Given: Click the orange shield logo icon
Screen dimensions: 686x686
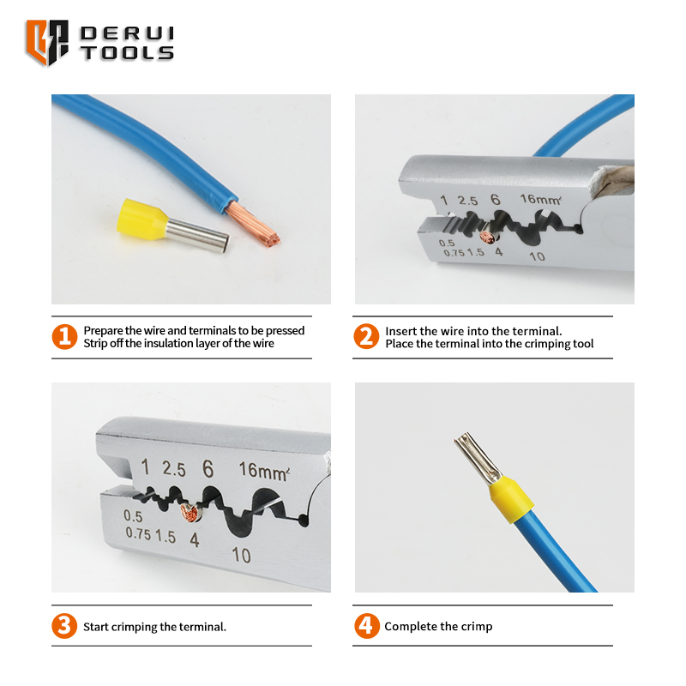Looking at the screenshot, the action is pyautogui.click(x=47, y=42).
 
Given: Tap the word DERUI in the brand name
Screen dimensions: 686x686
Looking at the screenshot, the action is pyautogui.click(x=127, y=33).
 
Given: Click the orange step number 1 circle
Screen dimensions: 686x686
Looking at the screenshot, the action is pyautogui.click(x=65, y=337).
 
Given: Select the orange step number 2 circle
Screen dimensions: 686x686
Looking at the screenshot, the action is pyautogui.click(x=366, y=336).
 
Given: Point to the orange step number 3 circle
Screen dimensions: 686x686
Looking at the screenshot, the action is pyautogui.click(x=64, y=626).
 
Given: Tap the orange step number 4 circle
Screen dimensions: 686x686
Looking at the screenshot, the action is pyautogui.click(x=367, y=626).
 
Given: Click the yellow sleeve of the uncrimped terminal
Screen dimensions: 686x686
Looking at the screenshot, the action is pyautogui.click(x=141, y=217).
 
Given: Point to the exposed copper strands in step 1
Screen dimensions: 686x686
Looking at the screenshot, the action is pyautogui.click(x=254, y=226).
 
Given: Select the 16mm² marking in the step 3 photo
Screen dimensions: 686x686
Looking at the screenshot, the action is pyautogui.click(x=264, y=471).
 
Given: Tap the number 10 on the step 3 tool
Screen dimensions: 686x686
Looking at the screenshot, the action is pyautogui.click(x=241, y=555).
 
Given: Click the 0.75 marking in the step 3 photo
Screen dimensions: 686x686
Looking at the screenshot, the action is pyautogui.click(x=138, y=533).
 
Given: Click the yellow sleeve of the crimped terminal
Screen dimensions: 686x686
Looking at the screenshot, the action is pyautogui.click(x=511, y=500).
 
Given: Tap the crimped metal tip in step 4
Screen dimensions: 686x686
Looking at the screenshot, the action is pyautogui.click(x=478, y=458).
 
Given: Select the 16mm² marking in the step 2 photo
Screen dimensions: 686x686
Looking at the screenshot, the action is pyautogui.click(x=541, y=200).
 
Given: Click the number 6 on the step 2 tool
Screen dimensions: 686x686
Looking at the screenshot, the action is pyautogui.click(x=496, y=200).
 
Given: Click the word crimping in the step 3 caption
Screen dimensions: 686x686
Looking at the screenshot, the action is pyautogui.click(x=135, y=627).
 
